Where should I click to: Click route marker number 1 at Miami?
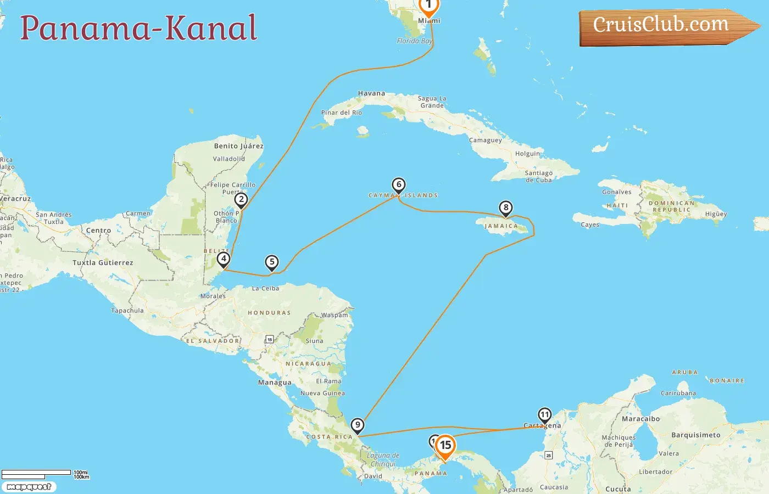click(428, 5)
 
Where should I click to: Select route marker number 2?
click(241, 200)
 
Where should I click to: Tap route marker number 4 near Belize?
click(223, 259)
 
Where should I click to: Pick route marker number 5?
click(271, 262)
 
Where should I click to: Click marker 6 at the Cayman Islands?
click(399, 185)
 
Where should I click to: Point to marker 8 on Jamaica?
click(505, 208)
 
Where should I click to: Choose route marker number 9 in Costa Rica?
click(358, 425)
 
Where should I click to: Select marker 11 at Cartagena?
click(544, 415)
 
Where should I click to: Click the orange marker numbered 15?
click(445, 446)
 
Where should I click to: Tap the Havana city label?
click(371, 93)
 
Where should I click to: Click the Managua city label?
click(275, 383)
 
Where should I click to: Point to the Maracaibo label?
click(640, 419)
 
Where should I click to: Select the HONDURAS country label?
click(269, 313)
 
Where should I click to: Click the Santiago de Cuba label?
click(538, 176)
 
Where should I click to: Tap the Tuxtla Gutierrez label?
click(103, 263)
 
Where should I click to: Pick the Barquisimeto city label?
click(695, 435)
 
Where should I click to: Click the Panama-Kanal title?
click(138, 29)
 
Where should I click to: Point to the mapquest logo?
click(29, 487)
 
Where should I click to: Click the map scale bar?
click(36, 473)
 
